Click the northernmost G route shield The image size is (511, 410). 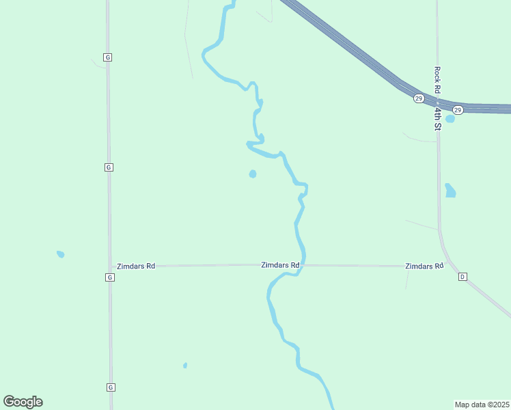[108, 57]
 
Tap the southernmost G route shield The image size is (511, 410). [110, 387]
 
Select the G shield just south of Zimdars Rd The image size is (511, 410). [109, 277]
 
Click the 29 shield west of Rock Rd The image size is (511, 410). [418, 98]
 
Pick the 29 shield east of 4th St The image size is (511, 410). [458, 109]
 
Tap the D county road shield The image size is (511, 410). [462, 277]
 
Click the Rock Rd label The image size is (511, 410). [437, 81]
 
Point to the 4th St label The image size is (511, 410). [438, 117]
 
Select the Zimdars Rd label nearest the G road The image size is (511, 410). [136, 266]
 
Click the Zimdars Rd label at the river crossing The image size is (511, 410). [280, 264]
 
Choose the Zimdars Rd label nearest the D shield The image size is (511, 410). [424, 266]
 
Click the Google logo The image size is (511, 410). [23, 402]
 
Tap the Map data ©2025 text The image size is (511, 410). [482, 405]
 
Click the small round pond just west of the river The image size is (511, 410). [253, 174]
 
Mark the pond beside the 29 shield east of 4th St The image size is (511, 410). [450, 119]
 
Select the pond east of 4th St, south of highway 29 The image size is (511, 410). [450, 191]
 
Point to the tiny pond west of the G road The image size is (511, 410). [60, 254]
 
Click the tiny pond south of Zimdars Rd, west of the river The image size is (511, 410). [185, 366]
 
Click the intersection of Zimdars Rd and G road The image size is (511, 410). [109, 266]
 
